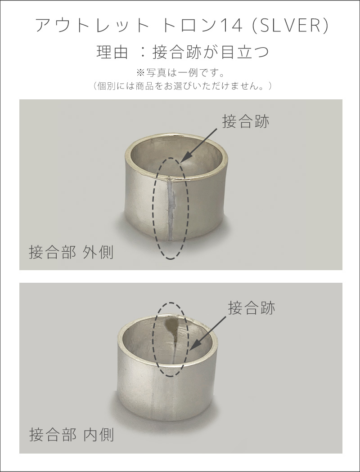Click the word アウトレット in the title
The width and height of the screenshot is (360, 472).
92,26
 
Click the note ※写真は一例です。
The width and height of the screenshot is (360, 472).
180,72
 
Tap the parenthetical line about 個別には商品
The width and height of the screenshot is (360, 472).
180,85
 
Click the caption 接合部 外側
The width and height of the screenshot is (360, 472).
71,252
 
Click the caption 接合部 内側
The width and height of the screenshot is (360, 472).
71,435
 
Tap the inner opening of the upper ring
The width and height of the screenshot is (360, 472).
198,160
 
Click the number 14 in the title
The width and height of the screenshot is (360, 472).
231,26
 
